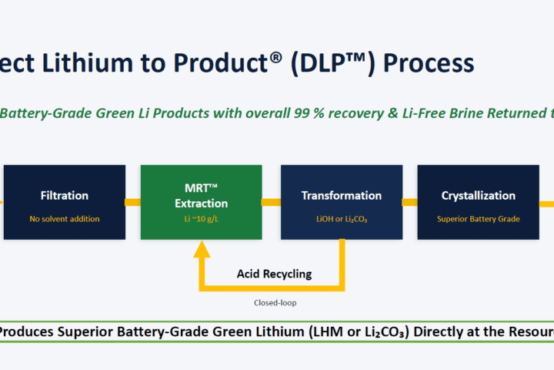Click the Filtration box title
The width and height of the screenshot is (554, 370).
coord(65,196)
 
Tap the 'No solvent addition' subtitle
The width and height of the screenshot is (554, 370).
coord(65,219)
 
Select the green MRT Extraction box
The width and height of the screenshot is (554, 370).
coord(202,202)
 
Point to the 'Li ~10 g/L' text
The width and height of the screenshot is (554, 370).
coord(202,219)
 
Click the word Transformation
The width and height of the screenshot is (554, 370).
coord(342,196)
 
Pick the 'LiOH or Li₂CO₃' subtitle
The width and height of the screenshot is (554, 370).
coord(342,219)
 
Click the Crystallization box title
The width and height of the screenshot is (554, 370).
coord(479,196)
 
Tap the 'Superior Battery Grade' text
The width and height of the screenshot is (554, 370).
coord(479,219)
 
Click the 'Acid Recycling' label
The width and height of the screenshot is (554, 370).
coord(274,274)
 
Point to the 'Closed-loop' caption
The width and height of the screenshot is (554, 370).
coord(275,303)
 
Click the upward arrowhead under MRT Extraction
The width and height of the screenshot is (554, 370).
coord(202,249)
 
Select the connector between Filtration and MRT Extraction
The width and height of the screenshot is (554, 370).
coord(133,202)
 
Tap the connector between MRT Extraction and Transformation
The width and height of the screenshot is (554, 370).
coord(272,202)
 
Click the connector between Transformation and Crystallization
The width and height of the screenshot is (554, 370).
coord(410,202)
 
